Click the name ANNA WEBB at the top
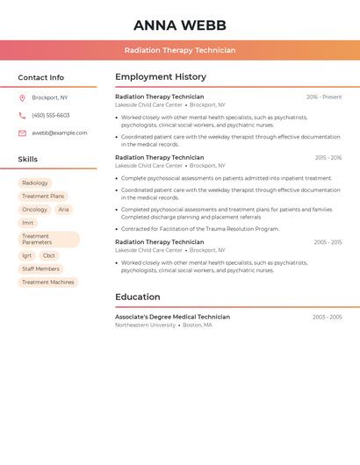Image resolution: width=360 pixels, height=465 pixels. pos(179,25)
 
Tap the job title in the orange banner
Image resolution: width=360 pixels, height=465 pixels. pos(179,50)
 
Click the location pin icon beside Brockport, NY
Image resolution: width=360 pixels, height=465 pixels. pos(22,97)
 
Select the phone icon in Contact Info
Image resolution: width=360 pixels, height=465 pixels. pos(22,115)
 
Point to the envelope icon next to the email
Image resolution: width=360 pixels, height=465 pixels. pos(22,133)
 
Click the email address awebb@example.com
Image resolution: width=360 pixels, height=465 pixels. pos(60,133)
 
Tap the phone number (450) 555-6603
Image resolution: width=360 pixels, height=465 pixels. pos(51,115)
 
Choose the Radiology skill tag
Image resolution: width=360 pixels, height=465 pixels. pos(35,183)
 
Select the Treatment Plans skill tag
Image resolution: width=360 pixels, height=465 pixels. pos(43,197)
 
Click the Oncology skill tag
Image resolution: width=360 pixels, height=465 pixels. pos(35,210)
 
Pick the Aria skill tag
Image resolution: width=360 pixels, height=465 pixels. pos(63,210)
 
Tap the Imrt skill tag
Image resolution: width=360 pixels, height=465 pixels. pos(28,223)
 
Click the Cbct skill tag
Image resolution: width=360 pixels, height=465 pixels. pos(48,255)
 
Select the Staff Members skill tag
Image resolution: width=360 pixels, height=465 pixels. pos(40,268)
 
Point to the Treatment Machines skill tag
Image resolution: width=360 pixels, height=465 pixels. pos(48,283)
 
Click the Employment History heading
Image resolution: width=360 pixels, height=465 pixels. pos(161,77)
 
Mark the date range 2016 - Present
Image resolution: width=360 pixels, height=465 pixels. pos(324,97)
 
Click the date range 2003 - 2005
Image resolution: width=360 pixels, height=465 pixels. pos(327,317)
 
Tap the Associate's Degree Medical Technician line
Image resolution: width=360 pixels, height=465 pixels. pos(172,317)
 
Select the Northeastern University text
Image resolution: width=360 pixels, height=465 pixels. pos(145,325)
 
